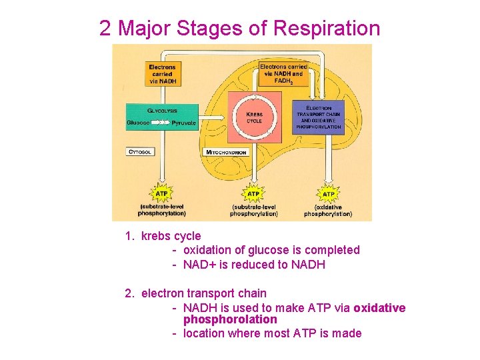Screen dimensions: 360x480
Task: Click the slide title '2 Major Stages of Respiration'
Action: coord(240,28)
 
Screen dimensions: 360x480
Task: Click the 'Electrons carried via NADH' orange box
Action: coord(162,73)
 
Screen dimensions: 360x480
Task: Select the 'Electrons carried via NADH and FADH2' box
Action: coord(283,73)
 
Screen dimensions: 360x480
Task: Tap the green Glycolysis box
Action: coord(162,117)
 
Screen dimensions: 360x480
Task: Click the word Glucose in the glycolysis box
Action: coord(138,123)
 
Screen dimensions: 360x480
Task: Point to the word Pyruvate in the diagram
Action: coord(183,123)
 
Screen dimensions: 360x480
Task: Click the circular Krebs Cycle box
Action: coord(254,117)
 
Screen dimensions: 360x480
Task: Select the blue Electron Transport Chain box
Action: coord(318,117)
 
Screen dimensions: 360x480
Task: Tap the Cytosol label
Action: coord(140,152)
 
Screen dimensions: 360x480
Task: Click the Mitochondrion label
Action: coord(227,152)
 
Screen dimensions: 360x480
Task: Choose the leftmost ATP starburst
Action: coord(161,194)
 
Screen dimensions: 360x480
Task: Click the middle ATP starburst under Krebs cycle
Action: coord(253,194)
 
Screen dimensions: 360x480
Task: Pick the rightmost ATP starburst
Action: coord(328,194)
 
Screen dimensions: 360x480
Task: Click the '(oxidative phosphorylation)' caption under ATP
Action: coord(328,211)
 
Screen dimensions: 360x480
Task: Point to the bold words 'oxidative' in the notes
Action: coord(379,307)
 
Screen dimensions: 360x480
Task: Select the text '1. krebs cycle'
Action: coord(163,236)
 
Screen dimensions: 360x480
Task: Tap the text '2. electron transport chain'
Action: coord(195,293)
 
